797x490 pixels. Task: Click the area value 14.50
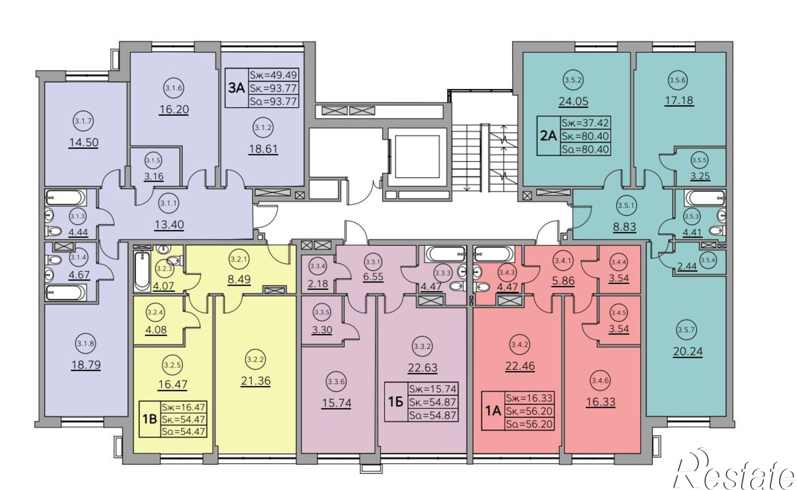84,142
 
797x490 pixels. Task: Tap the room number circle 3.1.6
174,88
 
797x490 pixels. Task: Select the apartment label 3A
236,88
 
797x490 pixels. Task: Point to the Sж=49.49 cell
273,75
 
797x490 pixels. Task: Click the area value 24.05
573,101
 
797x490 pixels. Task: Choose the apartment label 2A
548,136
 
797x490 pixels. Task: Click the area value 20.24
688,352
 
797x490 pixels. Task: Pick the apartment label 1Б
395,402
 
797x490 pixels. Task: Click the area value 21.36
255,381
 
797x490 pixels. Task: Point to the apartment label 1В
149,420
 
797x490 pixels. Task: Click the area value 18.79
86,365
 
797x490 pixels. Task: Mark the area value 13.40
169,225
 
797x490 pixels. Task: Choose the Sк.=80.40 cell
585,136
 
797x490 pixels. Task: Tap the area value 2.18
318,284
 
